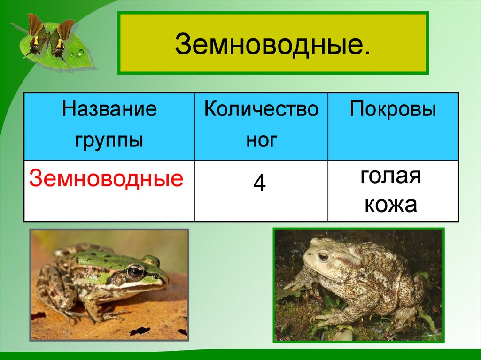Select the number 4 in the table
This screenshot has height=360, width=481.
[260, 183]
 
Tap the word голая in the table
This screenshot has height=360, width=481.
[390, 177]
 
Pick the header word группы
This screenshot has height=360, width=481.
[109, 139]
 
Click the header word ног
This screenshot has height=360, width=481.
[262, 139]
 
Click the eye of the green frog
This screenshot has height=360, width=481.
[135, 271]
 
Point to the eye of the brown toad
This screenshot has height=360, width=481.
[323, 256]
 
